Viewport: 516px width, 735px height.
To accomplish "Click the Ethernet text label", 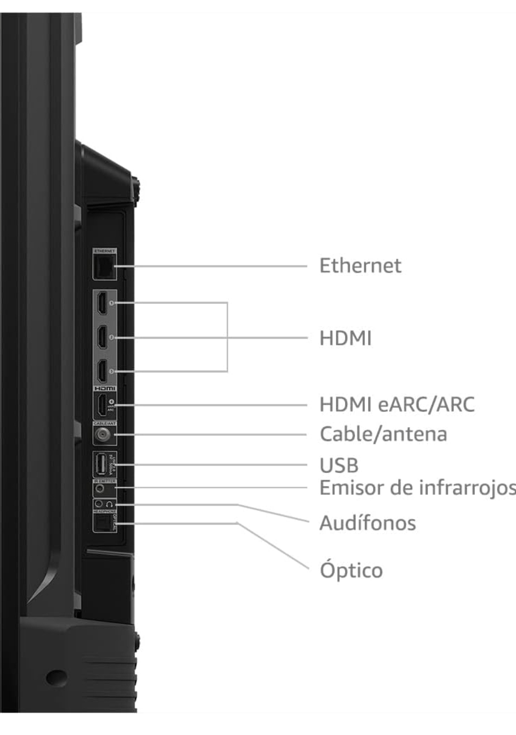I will pos(360,266).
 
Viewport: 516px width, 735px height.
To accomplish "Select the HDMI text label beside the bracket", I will pos(345,338).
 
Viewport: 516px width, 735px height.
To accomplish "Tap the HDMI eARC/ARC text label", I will pos(397,404).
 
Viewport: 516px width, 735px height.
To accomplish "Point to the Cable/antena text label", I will pos(383,434).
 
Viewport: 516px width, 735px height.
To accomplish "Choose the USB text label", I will pos(339,465).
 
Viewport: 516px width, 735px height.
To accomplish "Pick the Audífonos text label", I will pos(367,523).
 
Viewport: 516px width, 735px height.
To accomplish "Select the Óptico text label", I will pos(351,570).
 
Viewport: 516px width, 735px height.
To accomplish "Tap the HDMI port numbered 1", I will pos(102,303).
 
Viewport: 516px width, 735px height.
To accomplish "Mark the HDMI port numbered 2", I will pos(102,337).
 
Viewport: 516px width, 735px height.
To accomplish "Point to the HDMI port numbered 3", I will pos(102,371).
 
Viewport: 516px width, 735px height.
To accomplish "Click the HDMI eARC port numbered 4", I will pos(102,405).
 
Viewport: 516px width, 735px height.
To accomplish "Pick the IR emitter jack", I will pos(100,489).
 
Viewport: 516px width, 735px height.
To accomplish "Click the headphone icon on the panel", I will pos(110,504).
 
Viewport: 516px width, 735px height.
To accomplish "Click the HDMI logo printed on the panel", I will pos(105,389).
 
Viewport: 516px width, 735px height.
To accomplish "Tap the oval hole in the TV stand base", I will pos(56,677).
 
